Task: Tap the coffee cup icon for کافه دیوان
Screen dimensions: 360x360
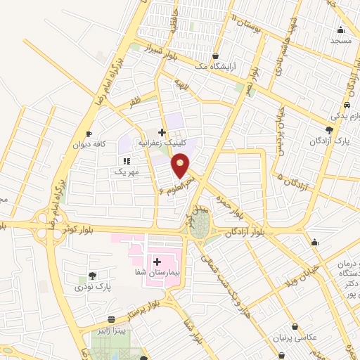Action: tap(89, 134)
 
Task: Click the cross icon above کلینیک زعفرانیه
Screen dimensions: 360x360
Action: tap(162, 131)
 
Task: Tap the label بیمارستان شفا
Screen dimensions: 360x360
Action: tap(158, 272)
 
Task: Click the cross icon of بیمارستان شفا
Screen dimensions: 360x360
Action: tap(157, 262)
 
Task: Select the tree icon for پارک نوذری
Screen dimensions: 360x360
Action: tap(93, 276)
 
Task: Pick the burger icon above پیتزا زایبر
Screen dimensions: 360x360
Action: tap(112, 320)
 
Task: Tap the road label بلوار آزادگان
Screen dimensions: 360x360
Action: tap(247, 232)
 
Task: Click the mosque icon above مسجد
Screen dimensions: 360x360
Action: tap(341, 30)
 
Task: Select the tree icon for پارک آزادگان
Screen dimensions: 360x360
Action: tap(329, 131)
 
